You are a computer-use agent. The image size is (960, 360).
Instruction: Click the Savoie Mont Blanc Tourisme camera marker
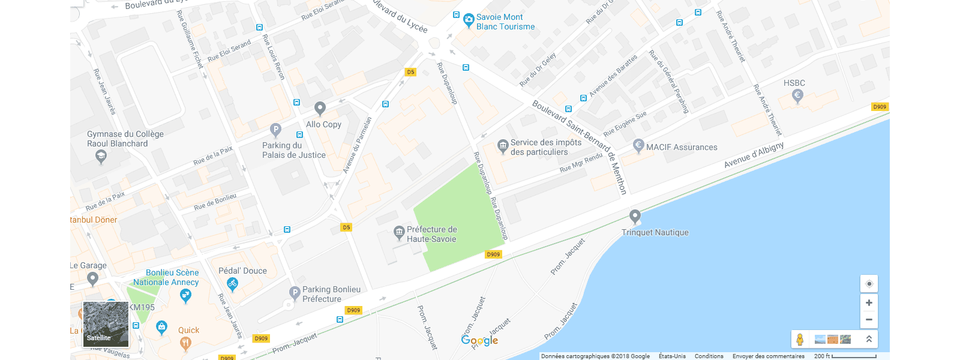tap(469, 21)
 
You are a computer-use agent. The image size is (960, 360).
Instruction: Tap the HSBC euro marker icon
tap(797, 95)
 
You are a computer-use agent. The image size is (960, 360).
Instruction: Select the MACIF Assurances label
tap(682, 147)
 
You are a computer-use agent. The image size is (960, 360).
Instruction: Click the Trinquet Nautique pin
tap(635, 216)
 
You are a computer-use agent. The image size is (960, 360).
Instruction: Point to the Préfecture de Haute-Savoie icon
tap(399, 232)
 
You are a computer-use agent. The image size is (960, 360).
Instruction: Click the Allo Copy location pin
tap(320, 108)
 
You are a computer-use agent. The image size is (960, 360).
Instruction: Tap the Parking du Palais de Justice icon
tap(275, 129)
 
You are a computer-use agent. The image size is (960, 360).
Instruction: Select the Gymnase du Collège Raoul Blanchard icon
tap(101, 157)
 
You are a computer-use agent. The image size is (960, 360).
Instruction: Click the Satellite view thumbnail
tap(106, 324)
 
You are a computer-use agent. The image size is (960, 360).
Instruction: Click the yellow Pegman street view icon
tap(800, 339)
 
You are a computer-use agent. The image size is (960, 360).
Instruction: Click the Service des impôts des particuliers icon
tap(503, 145)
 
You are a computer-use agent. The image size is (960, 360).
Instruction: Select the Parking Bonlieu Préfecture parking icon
tap(295, 293)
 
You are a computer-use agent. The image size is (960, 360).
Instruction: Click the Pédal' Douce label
tap(242, 271)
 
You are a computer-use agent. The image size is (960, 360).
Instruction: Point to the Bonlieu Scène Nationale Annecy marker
tap(185, 295)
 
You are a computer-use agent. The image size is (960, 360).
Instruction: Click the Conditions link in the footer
tap(709, 356)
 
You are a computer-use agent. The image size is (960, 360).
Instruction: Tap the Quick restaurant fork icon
tap(186, 343)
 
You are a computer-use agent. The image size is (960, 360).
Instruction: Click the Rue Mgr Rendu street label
tap(581, 163)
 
